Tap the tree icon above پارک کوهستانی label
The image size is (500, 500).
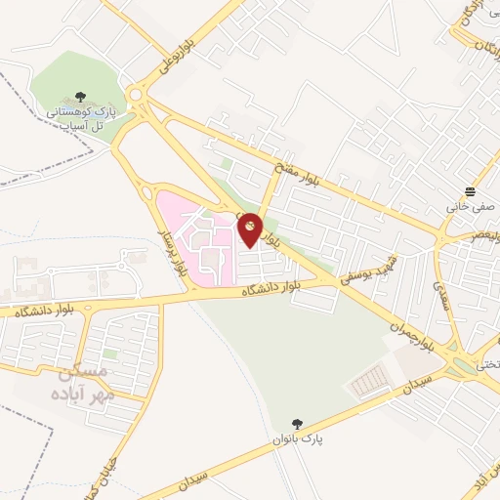tap(79, 98)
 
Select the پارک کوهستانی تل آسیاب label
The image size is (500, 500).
tap(79, 119)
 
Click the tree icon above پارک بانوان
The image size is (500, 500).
tap(297, 424)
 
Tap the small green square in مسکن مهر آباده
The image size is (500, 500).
tap(111, 353)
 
